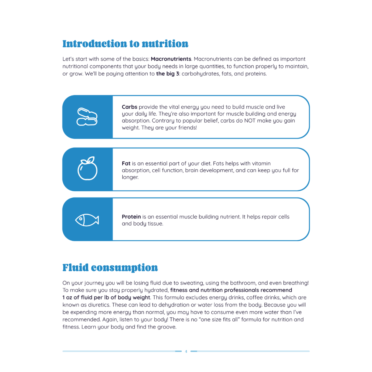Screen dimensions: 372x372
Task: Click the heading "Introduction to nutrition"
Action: tap(125, 44)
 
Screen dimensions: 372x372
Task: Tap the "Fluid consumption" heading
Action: tap(110, 268)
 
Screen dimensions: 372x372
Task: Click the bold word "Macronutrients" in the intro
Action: tap(171, 59)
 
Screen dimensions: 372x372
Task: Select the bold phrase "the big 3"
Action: tap(167, 74)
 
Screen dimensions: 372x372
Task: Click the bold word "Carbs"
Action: tap(129, 107)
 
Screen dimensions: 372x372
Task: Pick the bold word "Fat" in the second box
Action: tap(126, 164)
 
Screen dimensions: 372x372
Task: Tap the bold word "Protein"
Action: tap(131, 217)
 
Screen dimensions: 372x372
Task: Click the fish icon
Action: tap(87, 220)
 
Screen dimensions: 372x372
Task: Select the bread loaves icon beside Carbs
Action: tap(87, 117)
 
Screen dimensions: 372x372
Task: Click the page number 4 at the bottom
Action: tap(186, 351)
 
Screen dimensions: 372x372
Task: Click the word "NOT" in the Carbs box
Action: tap(250, 121)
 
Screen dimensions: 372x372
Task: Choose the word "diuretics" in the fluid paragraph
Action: tap(99, 305)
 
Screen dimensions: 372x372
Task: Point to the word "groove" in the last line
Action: tap(166, 327)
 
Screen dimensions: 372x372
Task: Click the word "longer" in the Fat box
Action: tap(130, 177)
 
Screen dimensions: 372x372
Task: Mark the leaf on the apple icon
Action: tap(91, 160)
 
